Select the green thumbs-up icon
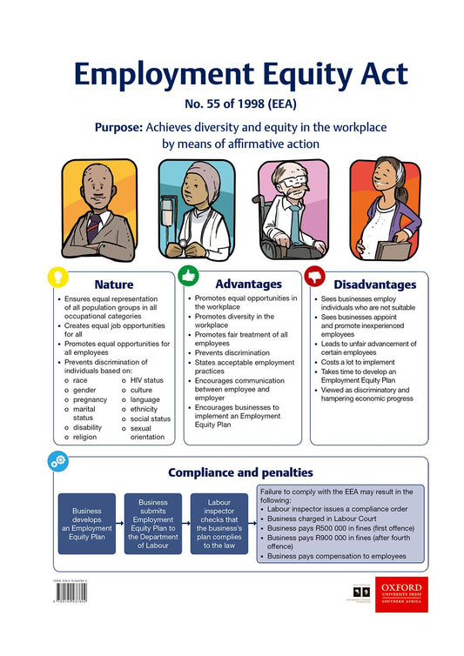point(188,276)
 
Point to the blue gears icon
point(57,460)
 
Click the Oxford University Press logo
point(401,593)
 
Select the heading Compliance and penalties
point(239,472)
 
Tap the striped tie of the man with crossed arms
point(93,228)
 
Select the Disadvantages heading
point(374,284)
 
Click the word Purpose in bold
point(118,127)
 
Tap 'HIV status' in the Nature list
point(145,380)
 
